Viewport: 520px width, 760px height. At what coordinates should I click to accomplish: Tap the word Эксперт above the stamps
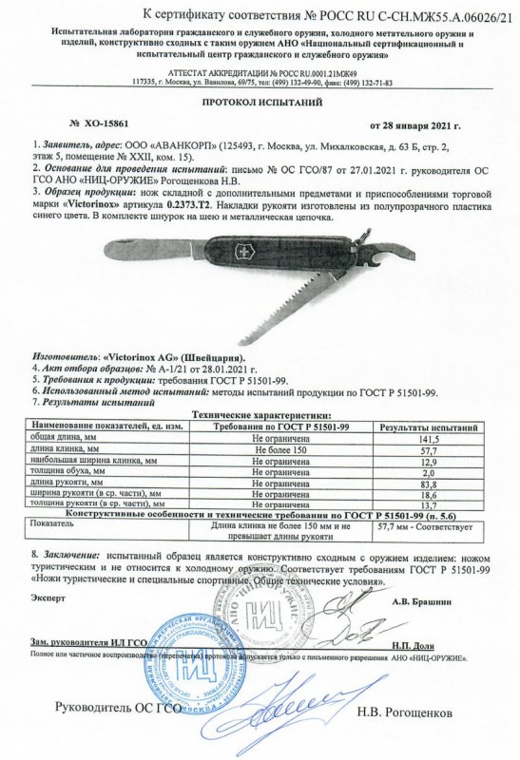pyautogui.click(x=50, y=601)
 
